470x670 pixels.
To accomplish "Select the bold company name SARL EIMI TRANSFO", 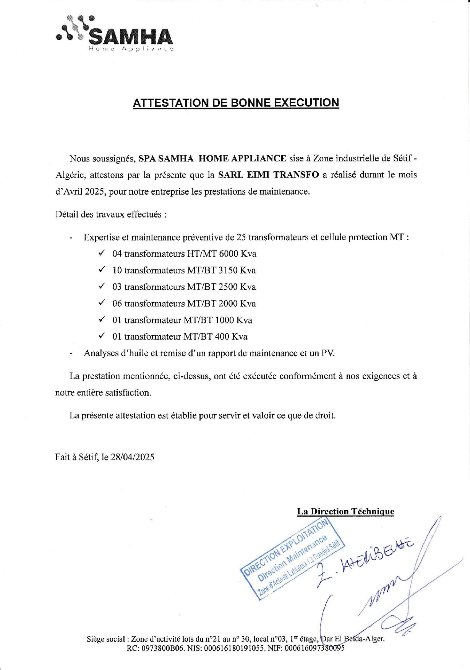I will click(268, 175).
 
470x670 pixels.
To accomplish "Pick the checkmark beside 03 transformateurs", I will click(102, 286).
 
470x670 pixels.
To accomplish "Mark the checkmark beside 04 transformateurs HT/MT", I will click(102, 253).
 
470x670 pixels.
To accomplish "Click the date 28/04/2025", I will click(132, 457).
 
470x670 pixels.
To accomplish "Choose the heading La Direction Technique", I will click(345, 511).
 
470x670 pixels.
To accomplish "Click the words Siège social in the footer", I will click(105, 639).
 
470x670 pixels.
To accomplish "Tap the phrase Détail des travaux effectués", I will click(111, 214).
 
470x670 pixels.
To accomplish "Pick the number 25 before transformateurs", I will click(241, 237).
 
